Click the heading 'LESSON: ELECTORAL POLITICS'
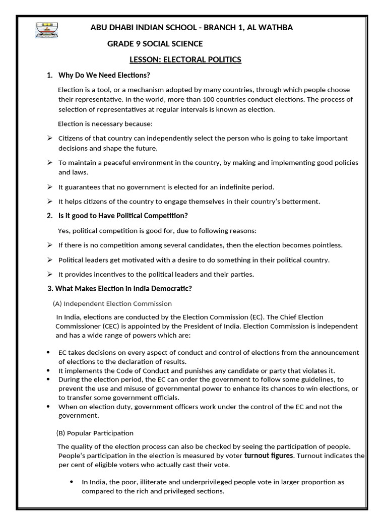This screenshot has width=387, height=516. coord(185,60)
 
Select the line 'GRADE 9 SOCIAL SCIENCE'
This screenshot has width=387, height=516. coord(155,44)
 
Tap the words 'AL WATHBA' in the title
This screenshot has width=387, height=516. coord(272,28)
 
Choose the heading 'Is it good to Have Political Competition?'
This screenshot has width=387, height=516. coord(123,216)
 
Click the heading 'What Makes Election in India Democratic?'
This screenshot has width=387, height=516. coord(123,289)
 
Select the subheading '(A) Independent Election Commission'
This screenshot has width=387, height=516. coord(112,304)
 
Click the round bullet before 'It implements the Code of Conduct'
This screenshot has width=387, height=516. coord(48,370)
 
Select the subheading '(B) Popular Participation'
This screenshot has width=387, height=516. coord(94,433)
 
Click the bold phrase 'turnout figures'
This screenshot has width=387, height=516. coord(268,456)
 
